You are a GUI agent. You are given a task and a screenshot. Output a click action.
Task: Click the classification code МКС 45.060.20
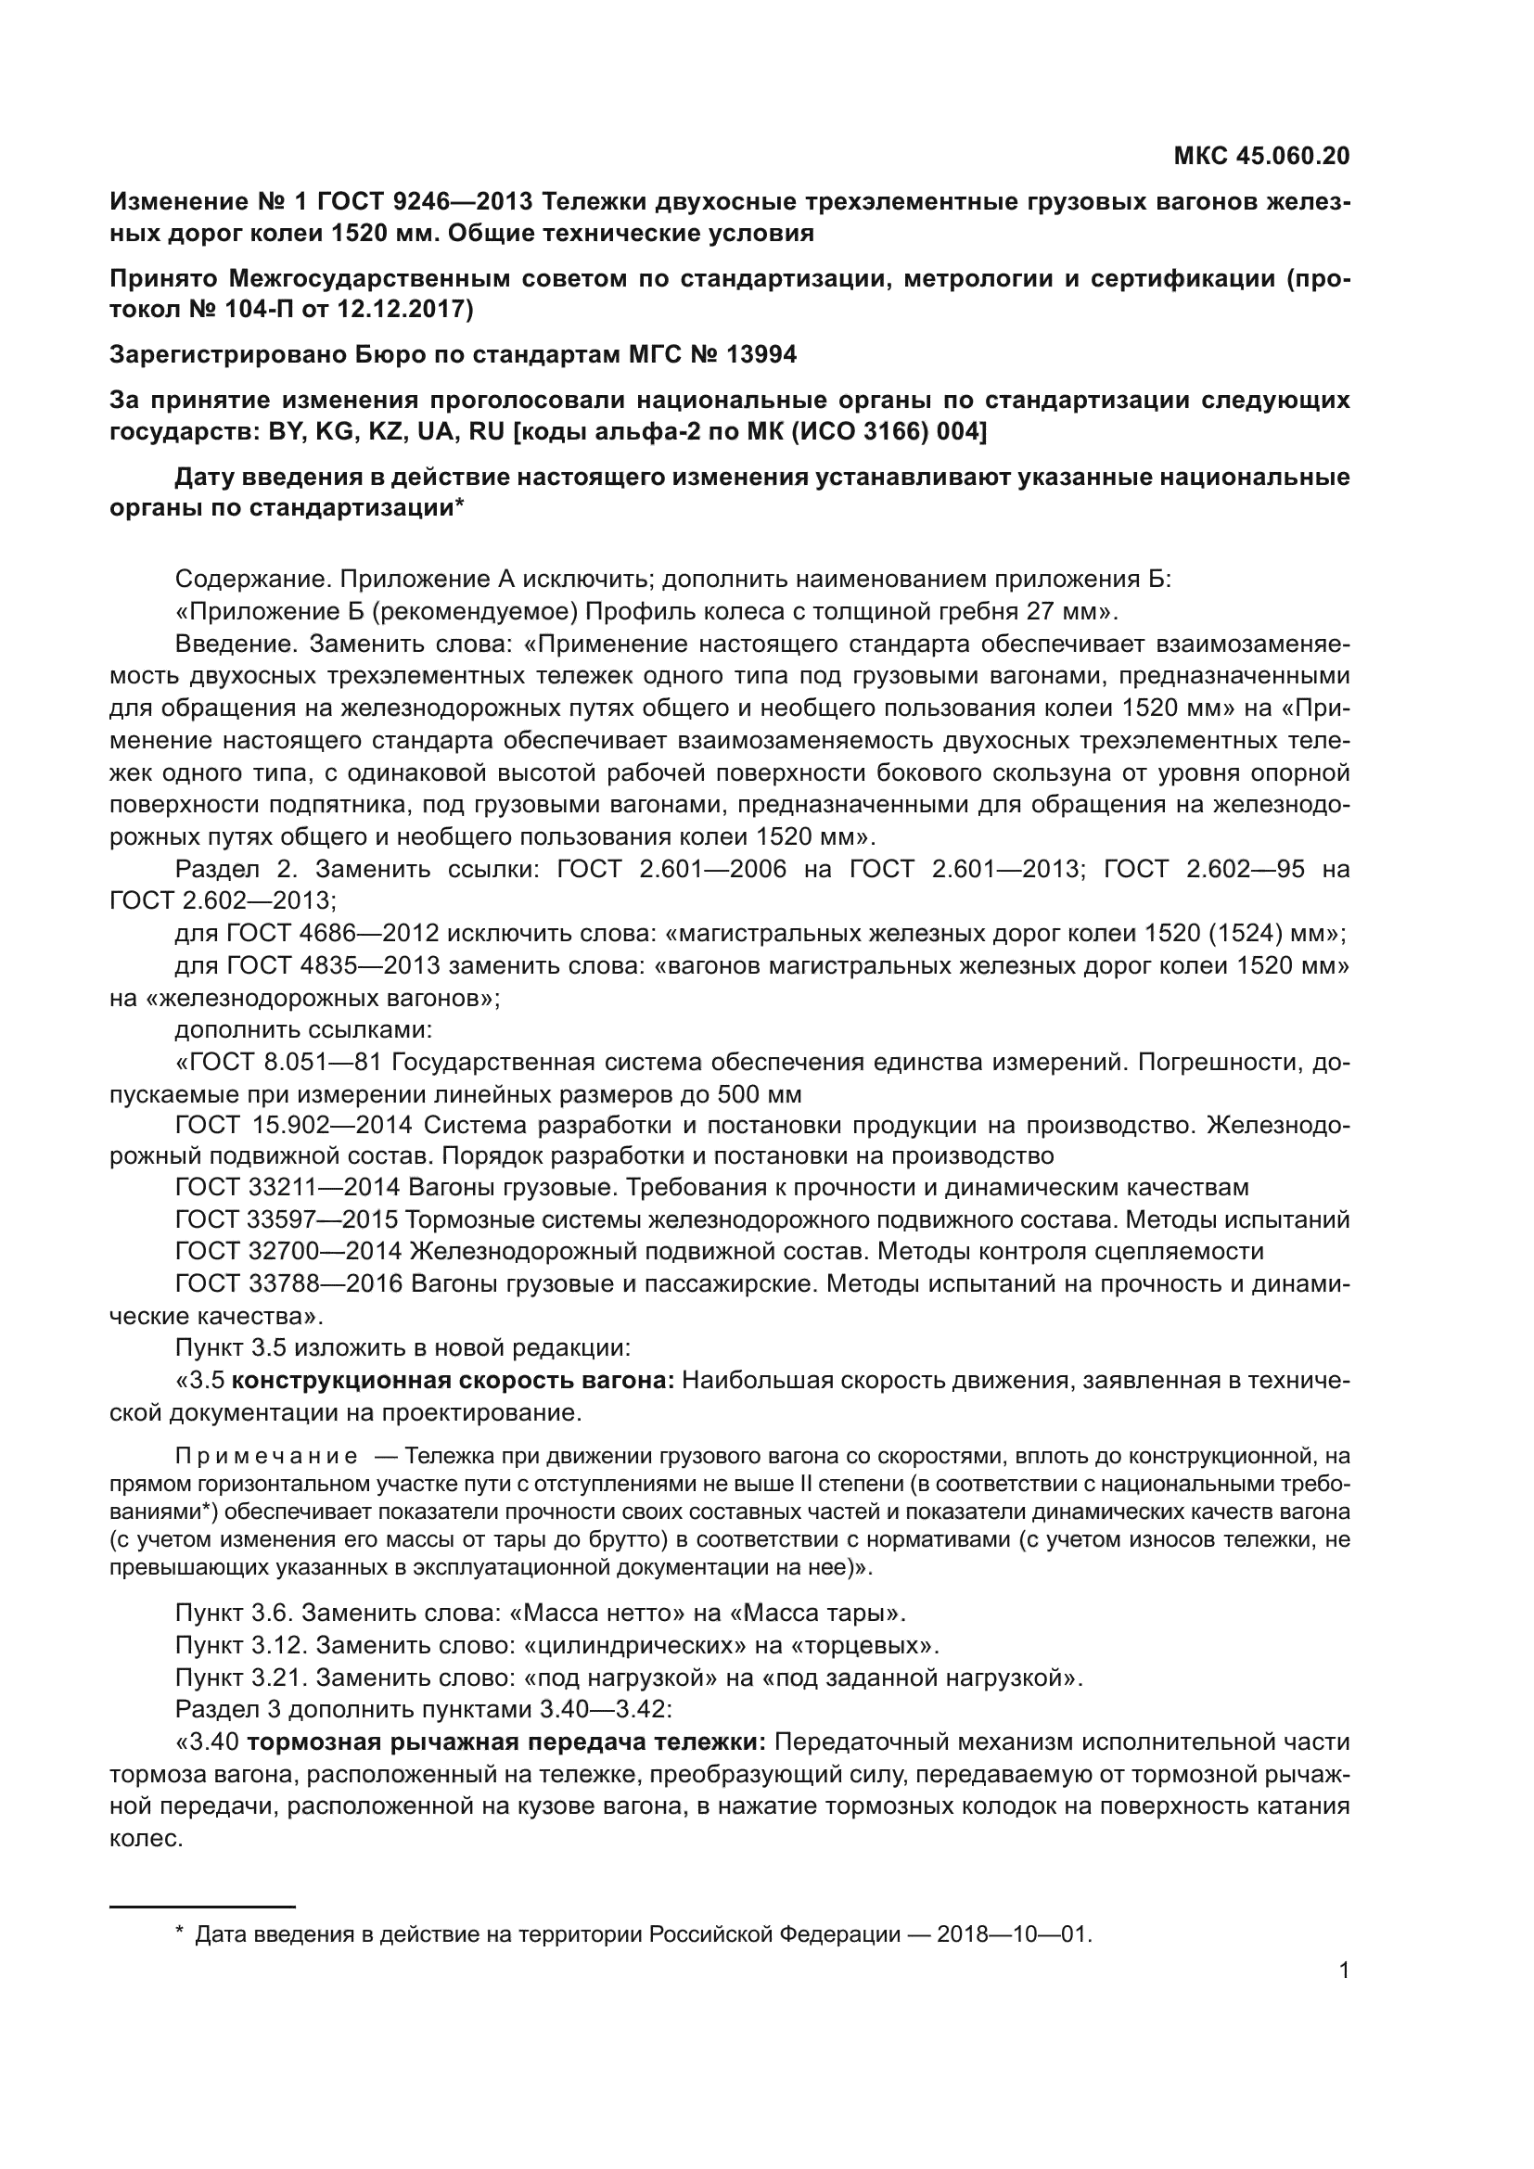click(x=1261, y=156)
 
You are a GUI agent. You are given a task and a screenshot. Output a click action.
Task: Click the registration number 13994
click(x=761, y=354)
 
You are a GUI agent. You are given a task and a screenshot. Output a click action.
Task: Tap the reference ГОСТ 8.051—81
click(x=278, y=1063)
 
